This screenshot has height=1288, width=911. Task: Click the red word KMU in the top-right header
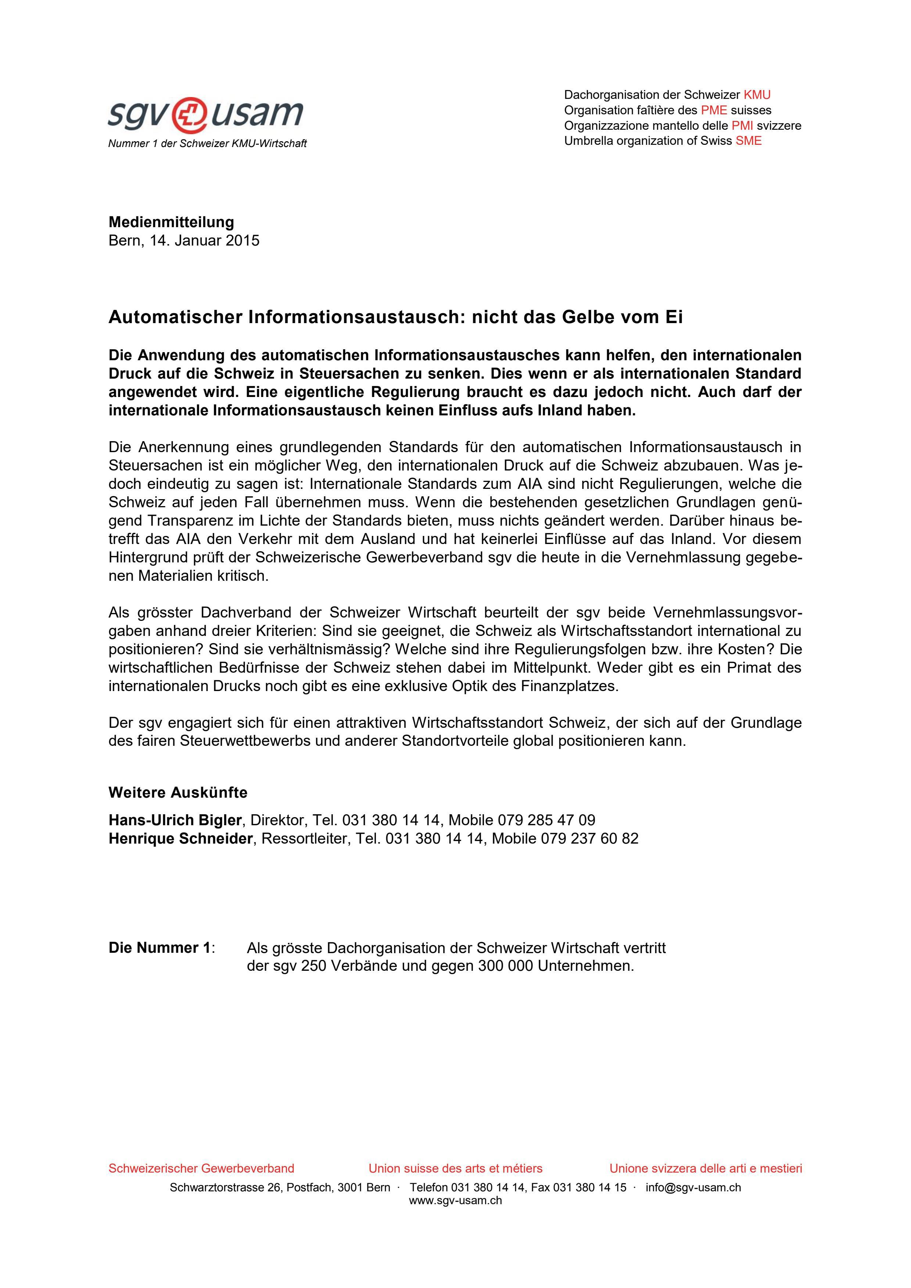[757, 95]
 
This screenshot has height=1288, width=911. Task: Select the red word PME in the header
[714, 110]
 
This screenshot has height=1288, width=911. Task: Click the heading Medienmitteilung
[171, 222]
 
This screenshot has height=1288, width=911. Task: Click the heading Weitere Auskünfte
[178, 793]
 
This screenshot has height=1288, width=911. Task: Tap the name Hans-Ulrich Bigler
[175, 820]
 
